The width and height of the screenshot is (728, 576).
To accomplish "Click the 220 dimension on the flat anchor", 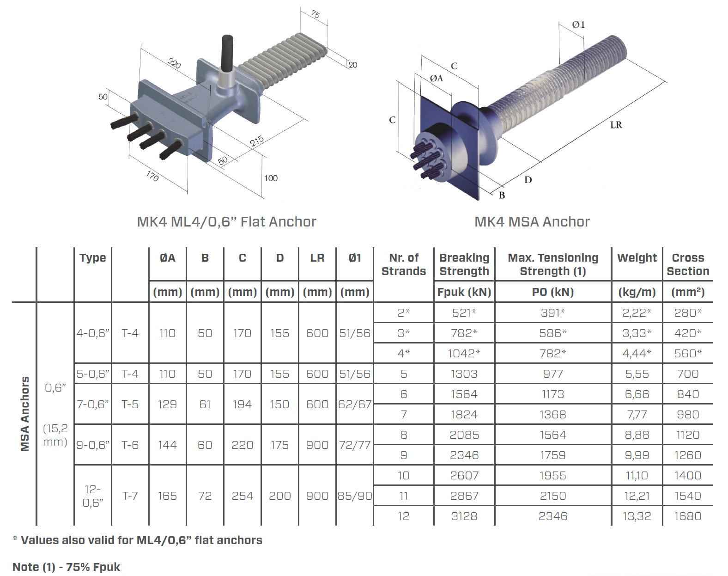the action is click(174, 63).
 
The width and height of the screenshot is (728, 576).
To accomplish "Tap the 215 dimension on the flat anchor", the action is click(257, 141).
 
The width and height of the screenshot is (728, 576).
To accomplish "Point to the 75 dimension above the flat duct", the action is click(315, 14).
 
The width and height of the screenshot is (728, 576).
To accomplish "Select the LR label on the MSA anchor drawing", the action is click(616, 125).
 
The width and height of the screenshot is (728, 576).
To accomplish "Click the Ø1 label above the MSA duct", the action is click(578, 25).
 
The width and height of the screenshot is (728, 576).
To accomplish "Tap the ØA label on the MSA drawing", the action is click(437, 79).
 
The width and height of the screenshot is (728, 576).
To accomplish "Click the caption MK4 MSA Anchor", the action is click(532, 222).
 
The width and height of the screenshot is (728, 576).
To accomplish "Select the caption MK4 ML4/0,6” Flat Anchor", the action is click(227, 222).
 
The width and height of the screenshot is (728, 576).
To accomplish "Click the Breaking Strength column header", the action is click(464, 264).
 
